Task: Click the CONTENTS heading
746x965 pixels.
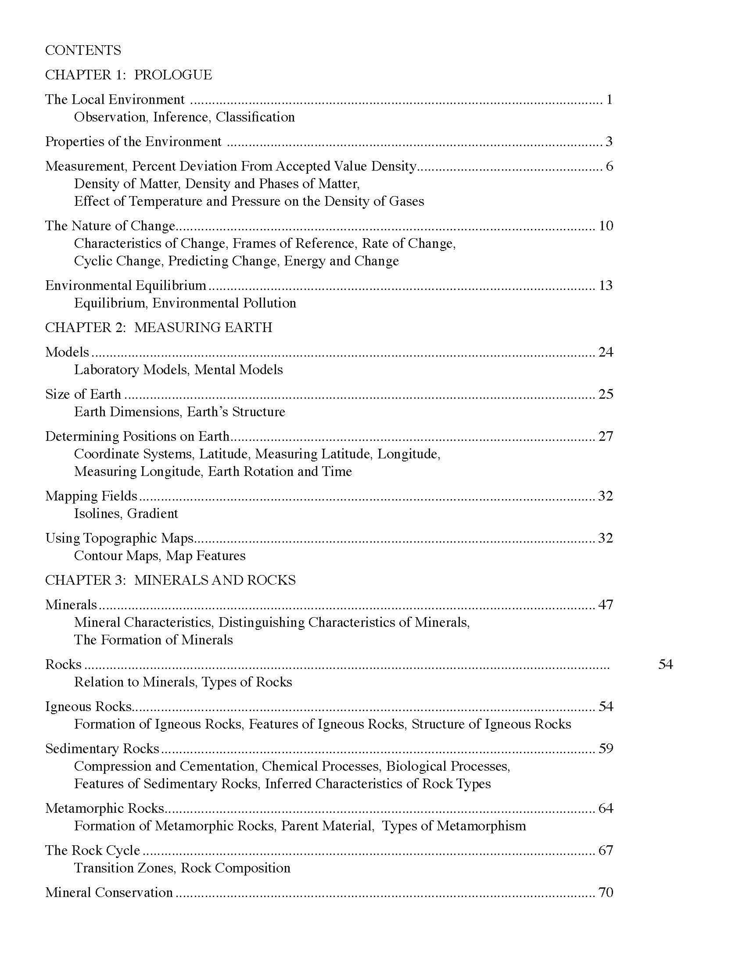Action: coord(82,50)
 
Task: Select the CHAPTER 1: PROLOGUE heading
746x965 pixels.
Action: coord(128,75)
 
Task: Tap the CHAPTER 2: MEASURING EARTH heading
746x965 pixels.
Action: coord(158,327)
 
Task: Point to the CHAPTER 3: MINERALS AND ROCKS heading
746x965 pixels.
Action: coord(170,580)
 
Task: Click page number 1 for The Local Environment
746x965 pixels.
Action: coord(609,100)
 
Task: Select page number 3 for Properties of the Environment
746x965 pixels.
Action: coord(609,142)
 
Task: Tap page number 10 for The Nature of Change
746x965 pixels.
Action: coord(606,226)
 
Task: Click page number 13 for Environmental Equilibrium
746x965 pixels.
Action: coord(606,286)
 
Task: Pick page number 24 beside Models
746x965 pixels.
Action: coord(606,352)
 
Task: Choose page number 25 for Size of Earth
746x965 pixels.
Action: coord(606,394)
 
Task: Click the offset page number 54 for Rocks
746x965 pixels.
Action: coord(665,665)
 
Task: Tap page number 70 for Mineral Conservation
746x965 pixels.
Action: coord(606,893)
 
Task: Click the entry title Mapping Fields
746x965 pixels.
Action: coord(91,496)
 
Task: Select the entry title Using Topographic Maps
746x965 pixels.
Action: coord(119,538)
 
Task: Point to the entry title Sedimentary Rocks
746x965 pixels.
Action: coord(102,748)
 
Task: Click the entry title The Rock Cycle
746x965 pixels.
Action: coord(92,851)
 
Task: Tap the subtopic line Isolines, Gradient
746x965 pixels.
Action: coord(126,514)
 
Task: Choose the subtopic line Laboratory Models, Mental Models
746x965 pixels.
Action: coord(178,370)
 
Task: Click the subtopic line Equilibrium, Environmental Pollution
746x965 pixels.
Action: coord(185,303)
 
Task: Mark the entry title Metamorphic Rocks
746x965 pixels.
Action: coord(105,808)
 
